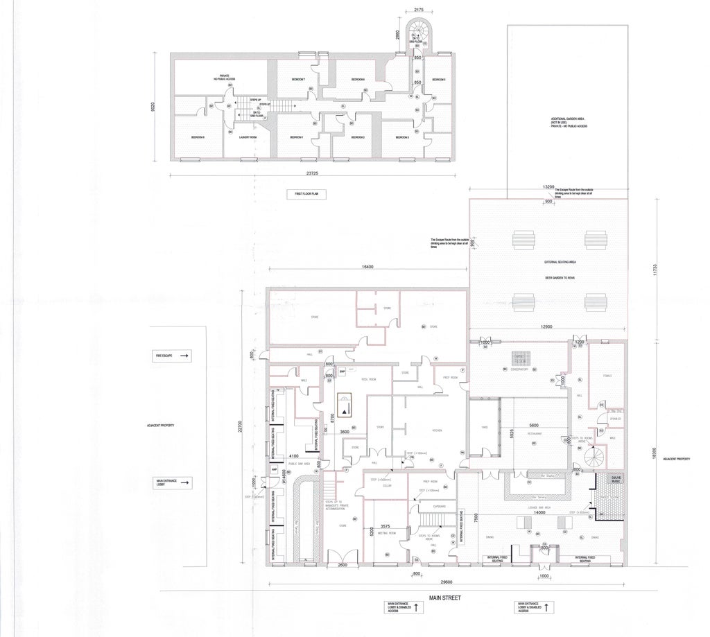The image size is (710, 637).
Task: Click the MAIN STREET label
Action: pos(445,597)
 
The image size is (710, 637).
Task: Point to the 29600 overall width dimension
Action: pos(445,582)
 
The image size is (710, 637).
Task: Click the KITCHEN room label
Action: pos(438,430)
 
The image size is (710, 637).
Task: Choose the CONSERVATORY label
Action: pos(516,369)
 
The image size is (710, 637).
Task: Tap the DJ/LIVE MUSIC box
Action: pos(611,479)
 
